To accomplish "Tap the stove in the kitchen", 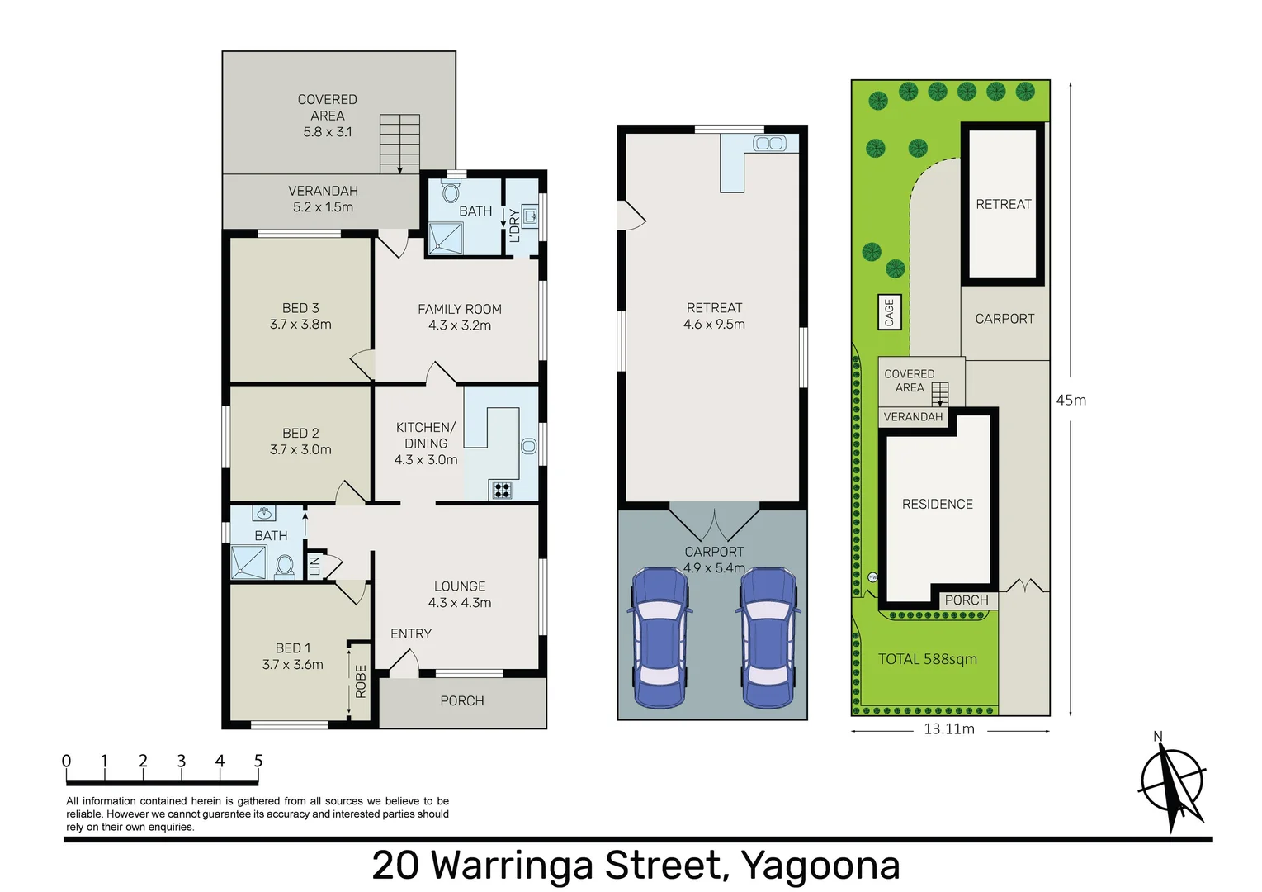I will coord(502,490).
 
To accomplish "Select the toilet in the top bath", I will coord(451,193).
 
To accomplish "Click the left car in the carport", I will coord(659,637).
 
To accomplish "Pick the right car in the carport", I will coord(768,637).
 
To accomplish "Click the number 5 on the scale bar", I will coord(258,761).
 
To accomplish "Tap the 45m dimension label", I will coord(1071,401).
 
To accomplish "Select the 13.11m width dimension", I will coord(949,729).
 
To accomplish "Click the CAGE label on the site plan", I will coord(889,312).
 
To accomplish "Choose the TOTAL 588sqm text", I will coord(927,659).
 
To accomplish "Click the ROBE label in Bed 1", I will coord(361,681).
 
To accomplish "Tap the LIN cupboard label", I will coord(314,567).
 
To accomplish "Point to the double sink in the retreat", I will coord(769,145).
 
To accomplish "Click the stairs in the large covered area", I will coord(399,144).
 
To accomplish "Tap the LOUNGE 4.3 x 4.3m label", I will coord(460,595).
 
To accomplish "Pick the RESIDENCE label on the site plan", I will coord(937,504).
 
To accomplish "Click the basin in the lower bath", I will coord(264,515).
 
